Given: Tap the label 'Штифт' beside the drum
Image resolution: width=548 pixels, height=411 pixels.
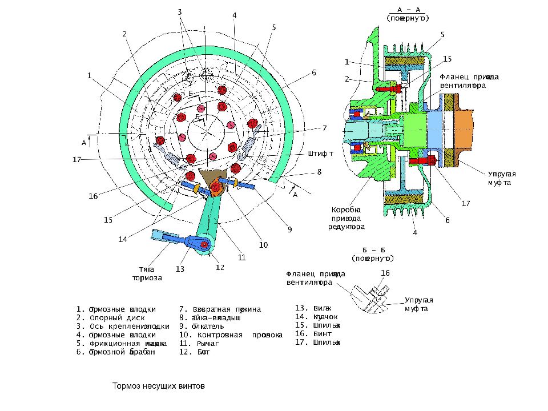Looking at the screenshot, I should coord(320,153).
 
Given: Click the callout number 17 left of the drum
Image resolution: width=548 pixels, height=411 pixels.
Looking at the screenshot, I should coord(77,159).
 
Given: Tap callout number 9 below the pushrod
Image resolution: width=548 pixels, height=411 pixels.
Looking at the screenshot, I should coord(289,229).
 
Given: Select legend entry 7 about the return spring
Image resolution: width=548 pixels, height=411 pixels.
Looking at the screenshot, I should coord(220,309).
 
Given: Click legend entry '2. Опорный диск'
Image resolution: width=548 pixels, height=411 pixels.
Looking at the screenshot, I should coord(111,317).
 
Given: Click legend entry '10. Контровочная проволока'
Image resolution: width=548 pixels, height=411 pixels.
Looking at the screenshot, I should coord(231,335).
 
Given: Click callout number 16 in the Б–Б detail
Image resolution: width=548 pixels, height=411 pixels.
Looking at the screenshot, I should coord(385,273).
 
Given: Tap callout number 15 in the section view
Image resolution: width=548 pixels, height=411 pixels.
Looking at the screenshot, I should coord(447,59).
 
